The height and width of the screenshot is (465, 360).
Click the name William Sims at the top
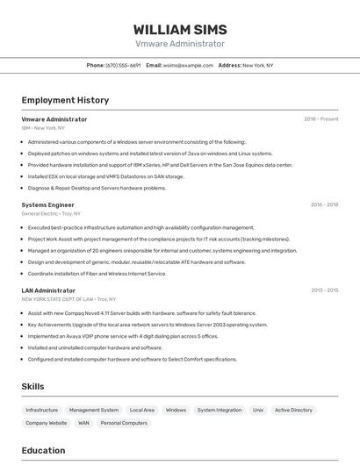(x=179, y=30)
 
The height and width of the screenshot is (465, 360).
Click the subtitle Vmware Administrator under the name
(x=179, y=44)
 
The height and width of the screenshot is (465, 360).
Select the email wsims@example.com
(x=188, y=65)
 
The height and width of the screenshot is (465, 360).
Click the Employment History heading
(x=66, y=100)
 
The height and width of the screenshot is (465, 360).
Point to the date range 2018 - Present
(x=320, y=119)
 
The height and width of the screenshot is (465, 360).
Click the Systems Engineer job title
(x=47, y=204)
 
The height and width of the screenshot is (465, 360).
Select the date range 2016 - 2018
(x=324, y=204)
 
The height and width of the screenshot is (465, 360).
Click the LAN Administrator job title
(x=48, y=290)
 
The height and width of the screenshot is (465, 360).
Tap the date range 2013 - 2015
(x=324, y=290)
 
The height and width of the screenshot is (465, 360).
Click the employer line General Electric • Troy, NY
(x=51, y=213)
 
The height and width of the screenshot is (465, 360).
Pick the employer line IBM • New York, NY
(x=43, y=128)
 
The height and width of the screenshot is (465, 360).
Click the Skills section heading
(x=32, y=386)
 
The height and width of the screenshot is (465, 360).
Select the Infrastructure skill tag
(x=42, y=410)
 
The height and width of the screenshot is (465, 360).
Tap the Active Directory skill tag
(x=293, y=410)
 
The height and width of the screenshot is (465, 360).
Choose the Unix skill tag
(x=258, y=410)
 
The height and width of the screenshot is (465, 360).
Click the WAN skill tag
(x=83, y=423)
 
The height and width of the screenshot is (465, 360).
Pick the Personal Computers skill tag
(x=124, y=423)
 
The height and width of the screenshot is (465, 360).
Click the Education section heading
(x=43, y=451)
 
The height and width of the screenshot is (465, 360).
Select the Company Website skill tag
(x=46, y=423)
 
